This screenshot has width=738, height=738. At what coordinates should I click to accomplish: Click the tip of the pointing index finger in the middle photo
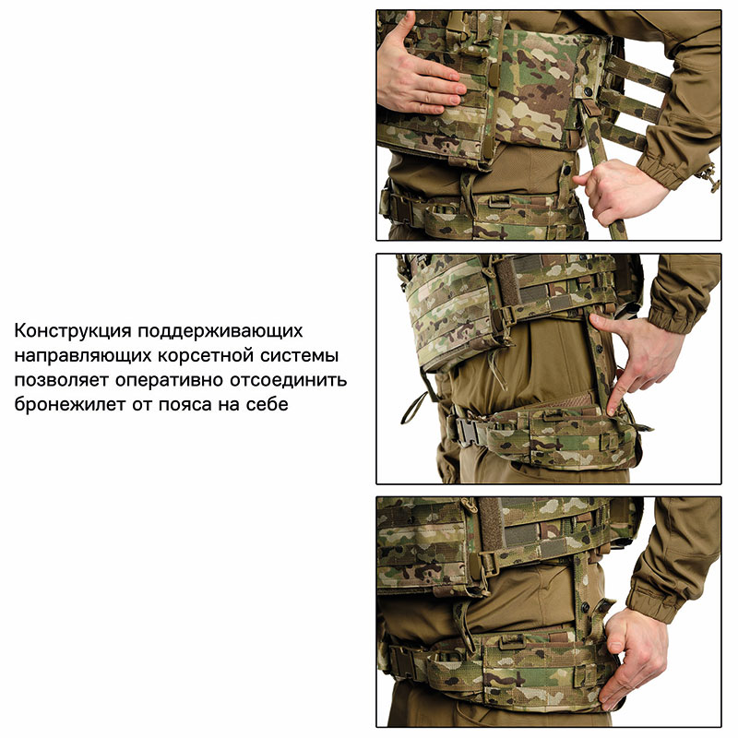point(612,411)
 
